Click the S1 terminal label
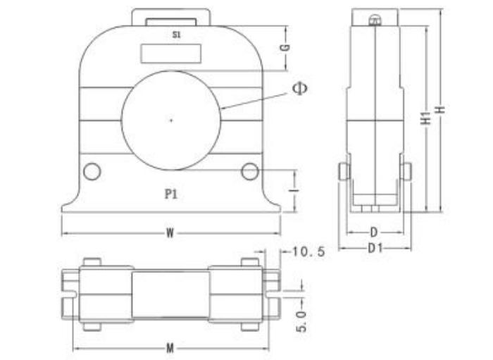[x=177, y=35]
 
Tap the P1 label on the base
[x=171, y=194]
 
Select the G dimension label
[x=285, y=48]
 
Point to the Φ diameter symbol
[x=300, y=88]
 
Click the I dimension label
[x=294, y=190]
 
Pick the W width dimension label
[x=170, y=233]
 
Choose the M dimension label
[x=170, y=348]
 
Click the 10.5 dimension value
[x=308, y=252]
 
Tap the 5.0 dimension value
[x=301, y=321]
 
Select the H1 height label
[x=425, y=118]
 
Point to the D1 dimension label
[x=375, y=249]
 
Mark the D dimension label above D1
[x=373, y=232]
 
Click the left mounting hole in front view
[x=92, y=172]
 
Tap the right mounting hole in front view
[x=250, y=172]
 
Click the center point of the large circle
[x=171, y=120]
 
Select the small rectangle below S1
[x=171, y=54]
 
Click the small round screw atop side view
[x=375, y=20]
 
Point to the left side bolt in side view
[x=344, y=171]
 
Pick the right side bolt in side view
[x=406, y=171]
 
